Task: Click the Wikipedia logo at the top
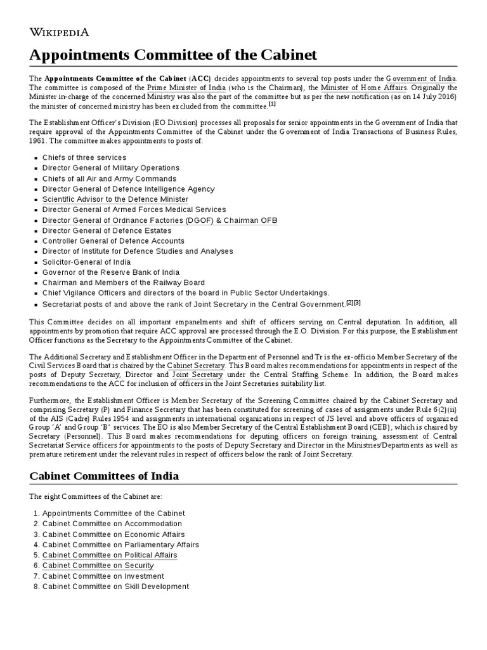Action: point(60,32)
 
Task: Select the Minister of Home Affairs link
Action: point(364,87)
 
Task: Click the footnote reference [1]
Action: point(272,104)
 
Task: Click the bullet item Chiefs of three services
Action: point(84,157)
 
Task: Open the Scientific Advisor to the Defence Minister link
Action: point(115,199)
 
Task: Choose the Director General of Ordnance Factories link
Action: point(160,220)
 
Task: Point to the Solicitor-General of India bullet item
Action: point(86,262)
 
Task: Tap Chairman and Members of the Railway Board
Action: point(124,282)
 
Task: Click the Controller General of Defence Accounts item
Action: point(114,241)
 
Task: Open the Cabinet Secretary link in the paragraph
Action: point(196,366)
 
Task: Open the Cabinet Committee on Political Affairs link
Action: point(110,555)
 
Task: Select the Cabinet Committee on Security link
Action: point(98,566)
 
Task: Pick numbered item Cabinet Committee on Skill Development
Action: point(115,587)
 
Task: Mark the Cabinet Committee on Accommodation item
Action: point(112,524)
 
